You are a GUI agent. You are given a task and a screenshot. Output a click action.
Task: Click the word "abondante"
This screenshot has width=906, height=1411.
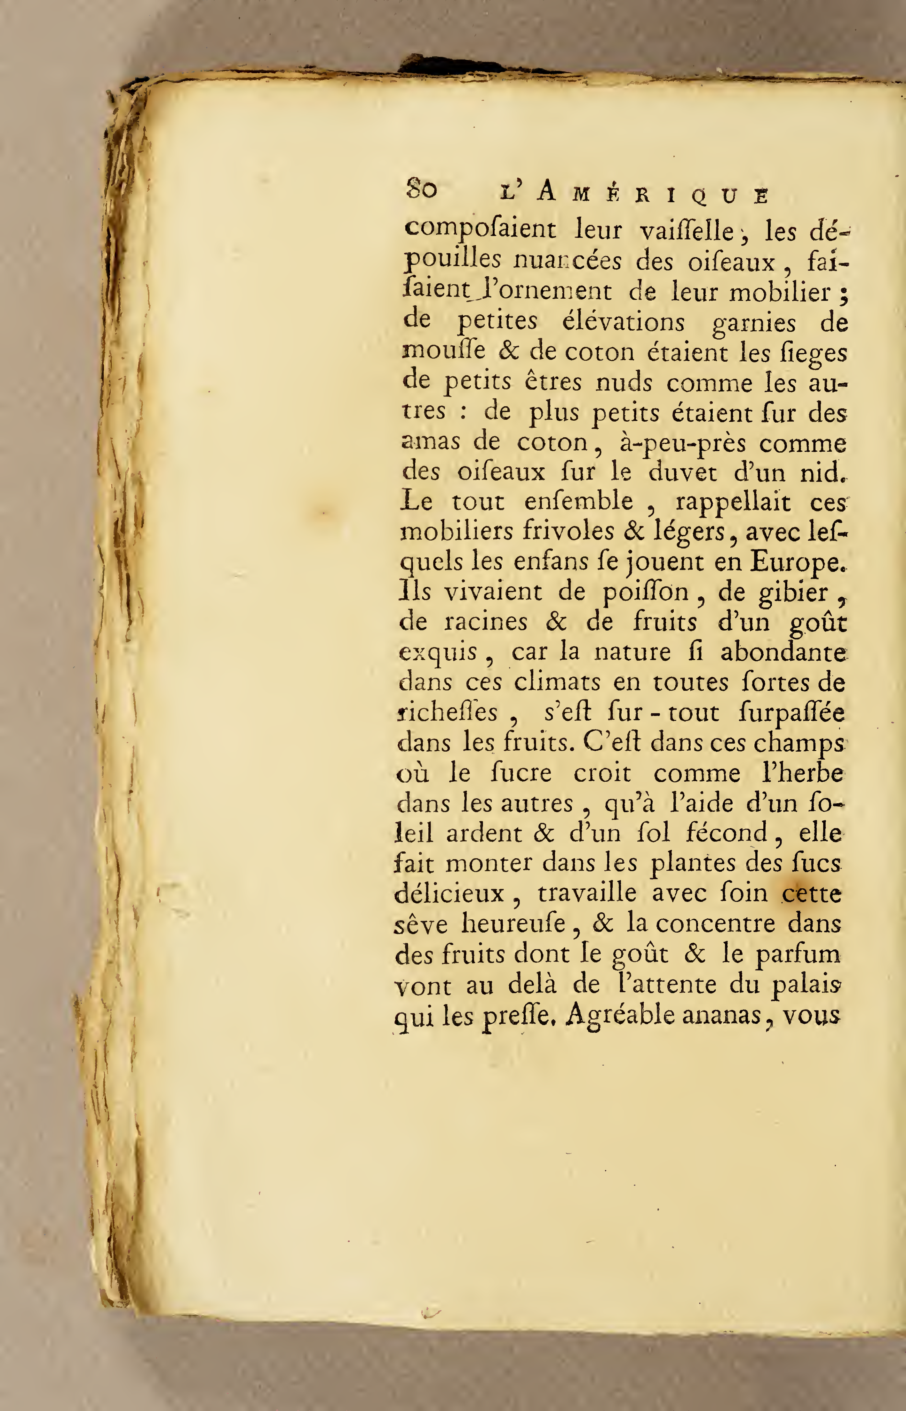point(783,652)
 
